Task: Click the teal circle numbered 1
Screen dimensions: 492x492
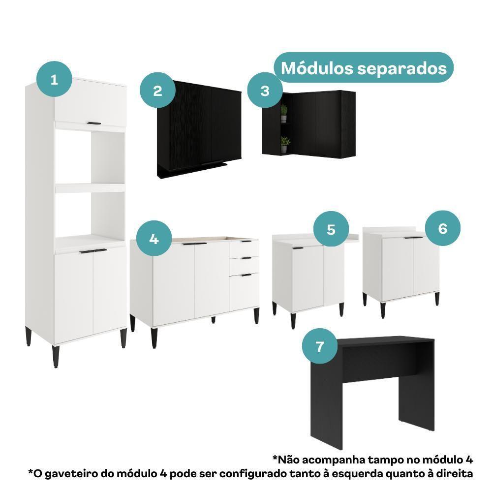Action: click(x=54, y=79)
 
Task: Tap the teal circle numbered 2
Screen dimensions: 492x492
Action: click(x=157, y=91)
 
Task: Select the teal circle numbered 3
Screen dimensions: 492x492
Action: click(x=265, y=91)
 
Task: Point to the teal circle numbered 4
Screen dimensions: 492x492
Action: click(x=154, y=239)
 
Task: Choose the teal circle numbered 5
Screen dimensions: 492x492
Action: click(x=331, y=229)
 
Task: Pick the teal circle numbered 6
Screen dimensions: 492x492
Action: click(x=443, y=229)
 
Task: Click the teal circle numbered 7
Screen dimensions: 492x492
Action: click(x=320, y=346)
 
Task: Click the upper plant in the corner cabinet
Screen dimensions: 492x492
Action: click(x=284, y=113)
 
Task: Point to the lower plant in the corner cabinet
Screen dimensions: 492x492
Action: click(x=284, y=144)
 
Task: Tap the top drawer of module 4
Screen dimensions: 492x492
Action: click(x=244, y=249)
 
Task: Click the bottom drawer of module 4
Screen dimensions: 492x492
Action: click(x=244, y=291)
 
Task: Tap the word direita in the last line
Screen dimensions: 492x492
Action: click(x=454, y=474)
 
